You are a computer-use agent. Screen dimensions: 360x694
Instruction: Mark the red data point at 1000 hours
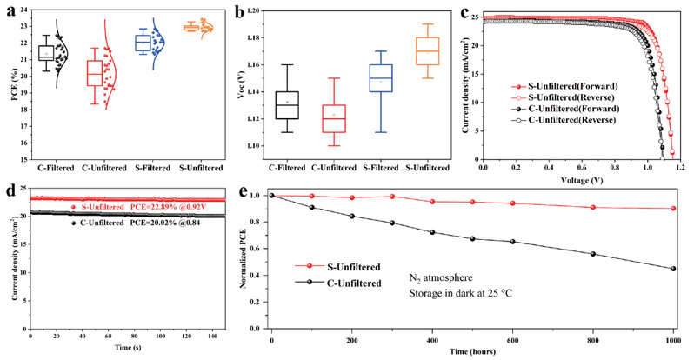tap(673, 209)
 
